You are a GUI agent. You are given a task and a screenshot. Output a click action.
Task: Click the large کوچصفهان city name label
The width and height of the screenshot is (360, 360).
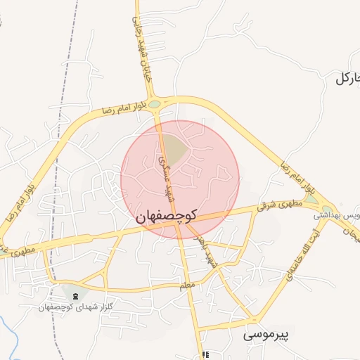[167, 218]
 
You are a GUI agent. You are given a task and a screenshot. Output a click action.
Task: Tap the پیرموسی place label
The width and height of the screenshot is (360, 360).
[267, 335]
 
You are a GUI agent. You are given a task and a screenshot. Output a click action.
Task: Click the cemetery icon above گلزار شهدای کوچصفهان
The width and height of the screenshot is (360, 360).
[75, 295]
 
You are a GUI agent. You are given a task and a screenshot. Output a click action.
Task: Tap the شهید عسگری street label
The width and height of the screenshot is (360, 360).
[163, 169]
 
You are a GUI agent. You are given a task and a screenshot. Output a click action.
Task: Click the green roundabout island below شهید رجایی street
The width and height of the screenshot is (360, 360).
[154, 104]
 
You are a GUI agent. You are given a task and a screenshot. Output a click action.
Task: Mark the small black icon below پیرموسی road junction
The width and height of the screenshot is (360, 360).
[205, 355]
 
